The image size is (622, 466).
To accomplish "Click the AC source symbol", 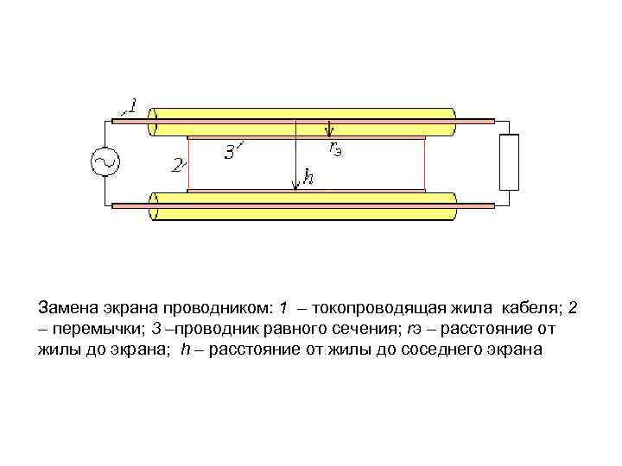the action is pos(106,162).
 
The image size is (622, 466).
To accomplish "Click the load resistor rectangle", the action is pos(510,162).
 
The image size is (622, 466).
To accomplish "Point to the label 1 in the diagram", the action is pos(131,107).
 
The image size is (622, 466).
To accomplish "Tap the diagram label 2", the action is pos(177,165).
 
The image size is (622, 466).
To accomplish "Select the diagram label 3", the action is pos(230,154).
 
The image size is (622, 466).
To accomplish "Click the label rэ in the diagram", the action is pos(336,148).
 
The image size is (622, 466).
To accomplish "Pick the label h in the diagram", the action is pos(307,179).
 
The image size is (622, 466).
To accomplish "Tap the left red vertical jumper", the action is pos(188,163).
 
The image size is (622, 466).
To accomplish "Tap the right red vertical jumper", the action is pos(425,163).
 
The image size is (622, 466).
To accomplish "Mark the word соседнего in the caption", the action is pos(443,349).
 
